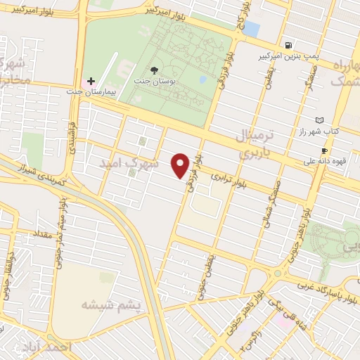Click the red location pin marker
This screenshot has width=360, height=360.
tap(181, 165)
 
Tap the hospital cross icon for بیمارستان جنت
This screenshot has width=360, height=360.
tap(91, 81)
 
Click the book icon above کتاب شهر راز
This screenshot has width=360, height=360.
tap(321, 120)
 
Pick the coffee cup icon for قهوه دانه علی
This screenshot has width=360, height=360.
tap(325, 150)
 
